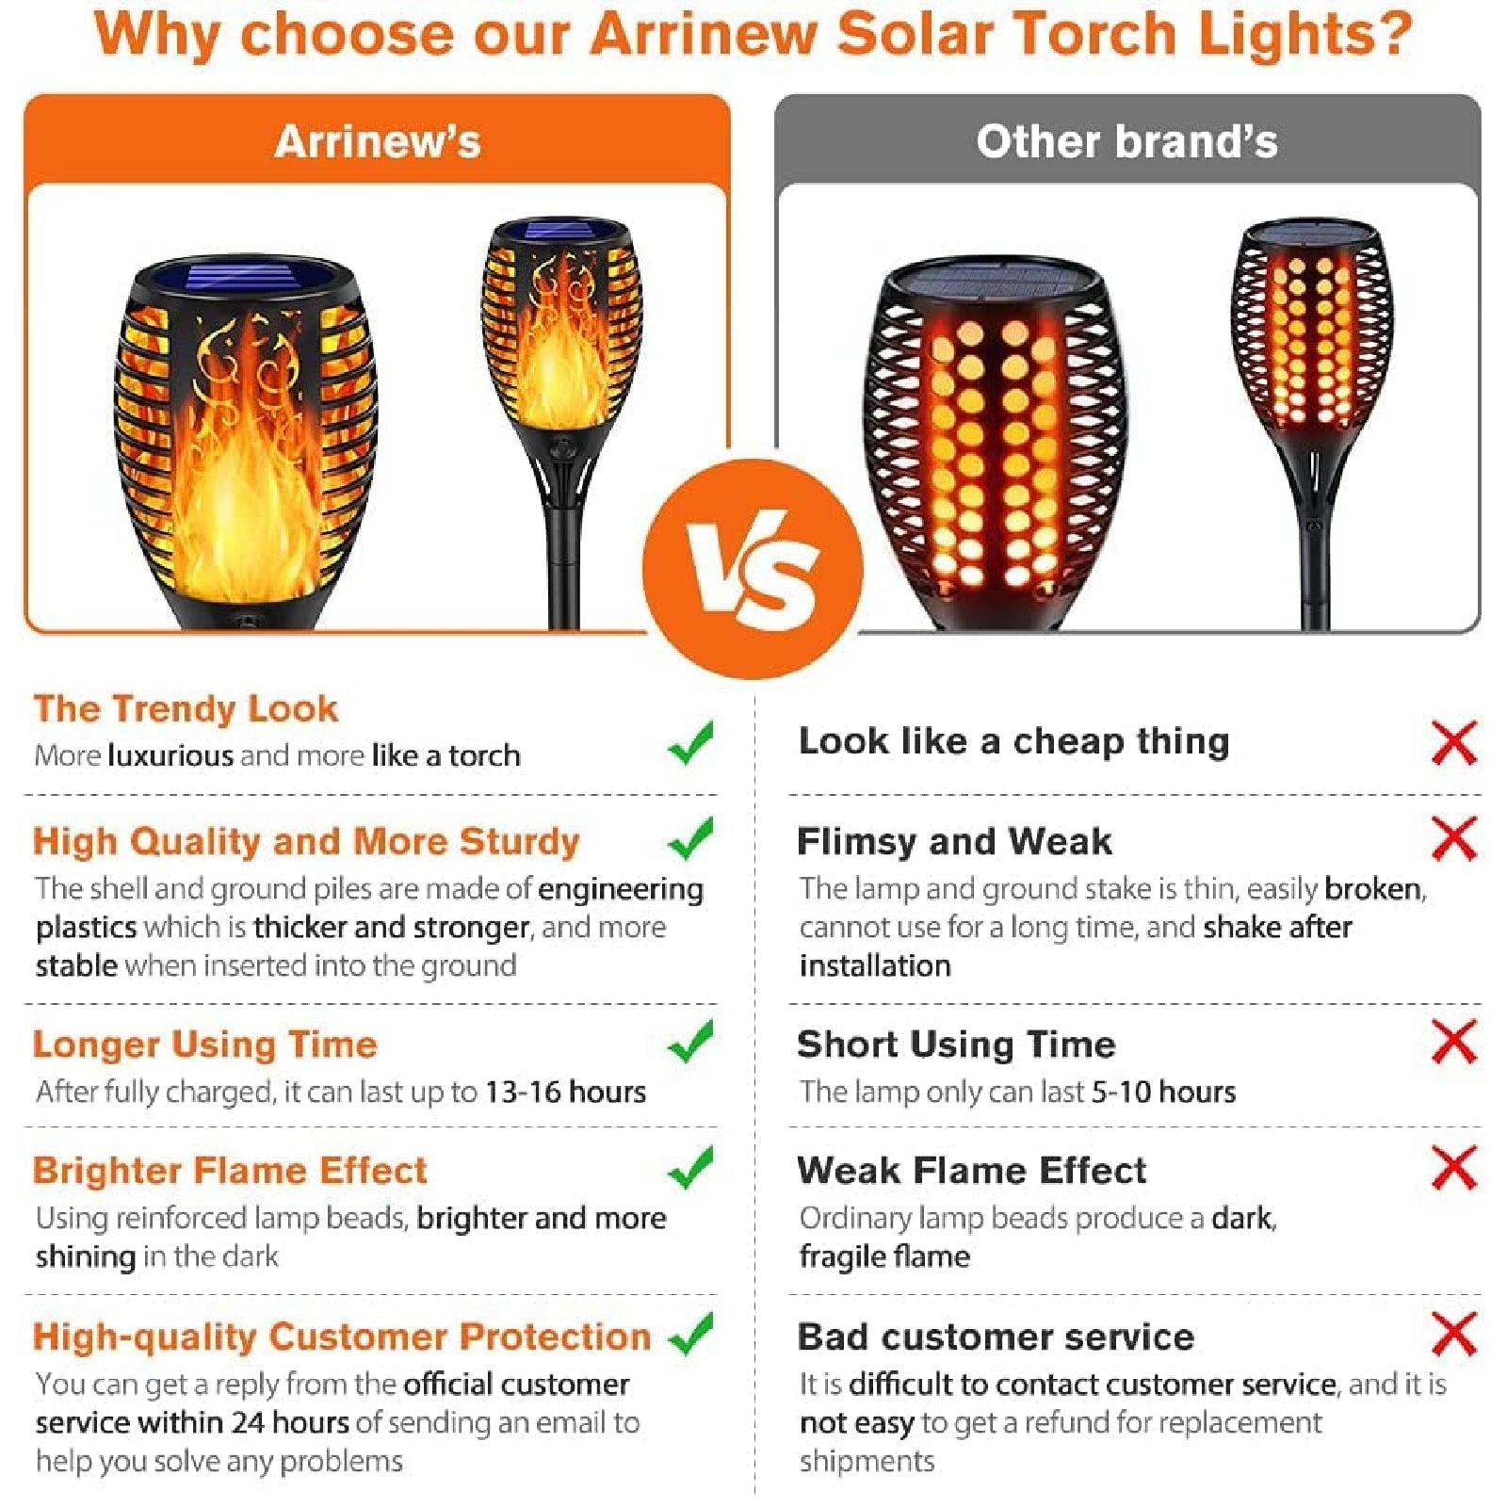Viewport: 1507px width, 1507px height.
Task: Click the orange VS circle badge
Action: pos(753,569)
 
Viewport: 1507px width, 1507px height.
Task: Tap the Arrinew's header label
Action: pos(378,142)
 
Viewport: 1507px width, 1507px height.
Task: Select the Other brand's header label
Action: pos(1126,142)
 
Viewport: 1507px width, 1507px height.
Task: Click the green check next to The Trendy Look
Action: pos(690,742)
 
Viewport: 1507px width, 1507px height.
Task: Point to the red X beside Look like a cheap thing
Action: pos(1454,743)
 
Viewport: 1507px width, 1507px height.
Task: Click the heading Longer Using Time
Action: pos(205,1045)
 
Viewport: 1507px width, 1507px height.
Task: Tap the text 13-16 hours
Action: pos(565,1092)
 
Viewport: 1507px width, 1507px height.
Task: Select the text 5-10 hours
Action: pos(1163,1092)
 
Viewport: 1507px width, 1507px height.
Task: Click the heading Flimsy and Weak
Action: pos(954,841)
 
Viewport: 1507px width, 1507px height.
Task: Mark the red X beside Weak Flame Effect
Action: pos(1454,1168)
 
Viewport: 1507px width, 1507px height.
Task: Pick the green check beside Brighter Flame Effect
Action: pos(690,1168)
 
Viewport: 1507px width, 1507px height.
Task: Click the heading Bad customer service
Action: pos(996,1337)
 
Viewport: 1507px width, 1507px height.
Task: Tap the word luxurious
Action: pos(170,755)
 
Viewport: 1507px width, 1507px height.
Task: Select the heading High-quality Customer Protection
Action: pos(342,1337)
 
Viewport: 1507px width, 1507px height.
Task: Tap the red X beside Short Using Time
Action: pos(1454,1042)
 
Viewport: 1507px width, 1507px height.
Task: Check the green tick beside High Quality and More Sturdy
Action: pos(690,838)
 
